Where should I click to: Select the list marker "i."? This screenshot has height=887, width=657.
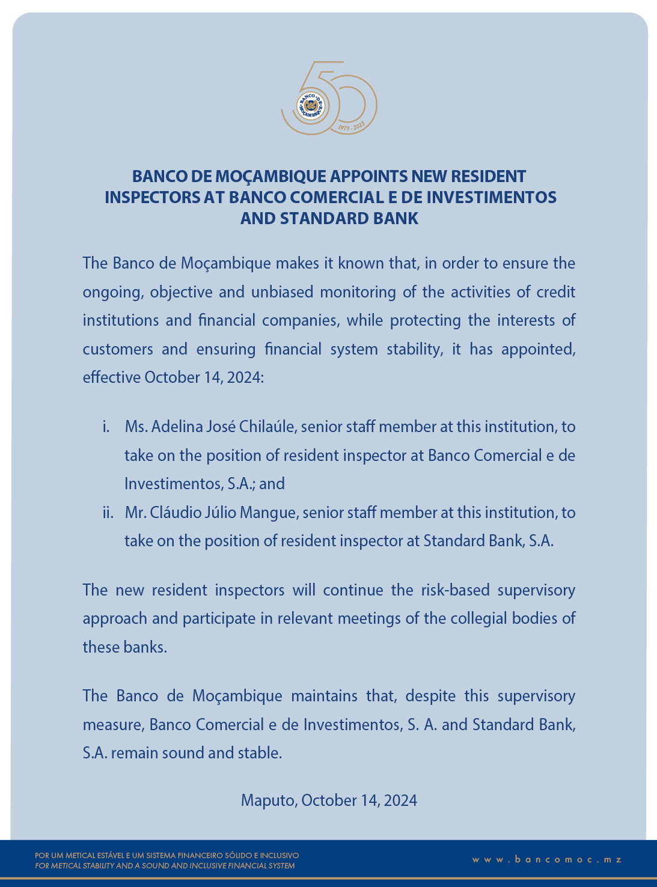pyautogui.click(x=106, y=427)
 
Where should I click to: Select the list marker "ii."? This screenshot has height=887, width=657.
pyautogui.click(x=108, y=513)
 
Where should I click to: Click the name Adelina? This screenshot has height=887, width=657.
pyautogui.click(x=177, y=427)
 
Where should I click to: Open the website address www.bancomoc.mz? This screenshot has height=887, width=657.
pyautogui.click(x=546, y=860)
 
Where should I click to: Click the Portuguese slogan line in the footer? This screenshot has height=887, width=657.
pyautogui.click(x=167, y=855)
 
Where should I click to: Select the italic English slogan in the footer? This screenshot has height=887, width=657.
pyautogui.click(x=165, y=866)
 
